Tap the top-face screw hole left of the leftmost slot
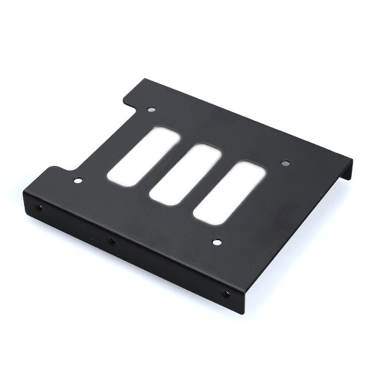(x=78, y=181)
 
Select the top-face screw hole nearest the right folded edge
(x=285, y=163)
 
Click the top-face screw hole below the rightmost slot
(x=217, y=243)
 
